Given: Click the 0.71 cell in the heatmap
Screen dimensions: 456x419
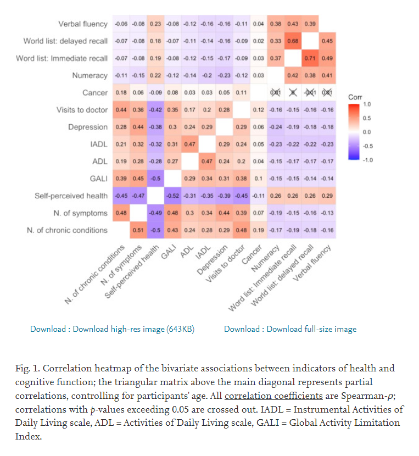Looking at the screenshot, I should click(x=310, y=58).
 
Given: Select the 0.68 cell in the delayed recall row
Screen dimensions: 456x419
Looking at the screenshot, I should click(x=293, y=41).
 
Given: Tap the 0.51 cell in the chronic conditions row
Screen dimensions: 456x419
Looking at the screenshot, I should click(x=138, y=230).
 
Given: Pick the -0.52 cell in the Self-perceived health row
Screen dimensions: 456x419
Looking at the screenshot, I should click(x=172, y=196).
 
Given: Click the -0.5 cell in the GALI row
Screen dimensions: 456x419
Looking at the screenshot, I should click(x=155, y=179).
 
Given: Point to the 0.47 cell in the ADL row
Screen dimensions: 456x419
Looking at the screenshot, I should click(x=207, y=162).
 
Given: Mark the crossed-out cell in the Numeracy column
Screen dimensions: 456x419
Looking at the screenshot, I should click(x=276, y=93).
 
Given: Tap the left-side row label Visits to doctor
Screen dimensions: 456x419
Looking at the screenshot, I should click(x=82, y=110).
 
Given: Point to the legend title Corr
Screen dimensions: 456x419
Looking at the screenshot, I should click(x=355, y=97).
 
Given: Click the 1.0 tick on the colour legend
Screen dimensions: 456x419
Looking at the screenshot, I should click(x=367, y=104).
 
